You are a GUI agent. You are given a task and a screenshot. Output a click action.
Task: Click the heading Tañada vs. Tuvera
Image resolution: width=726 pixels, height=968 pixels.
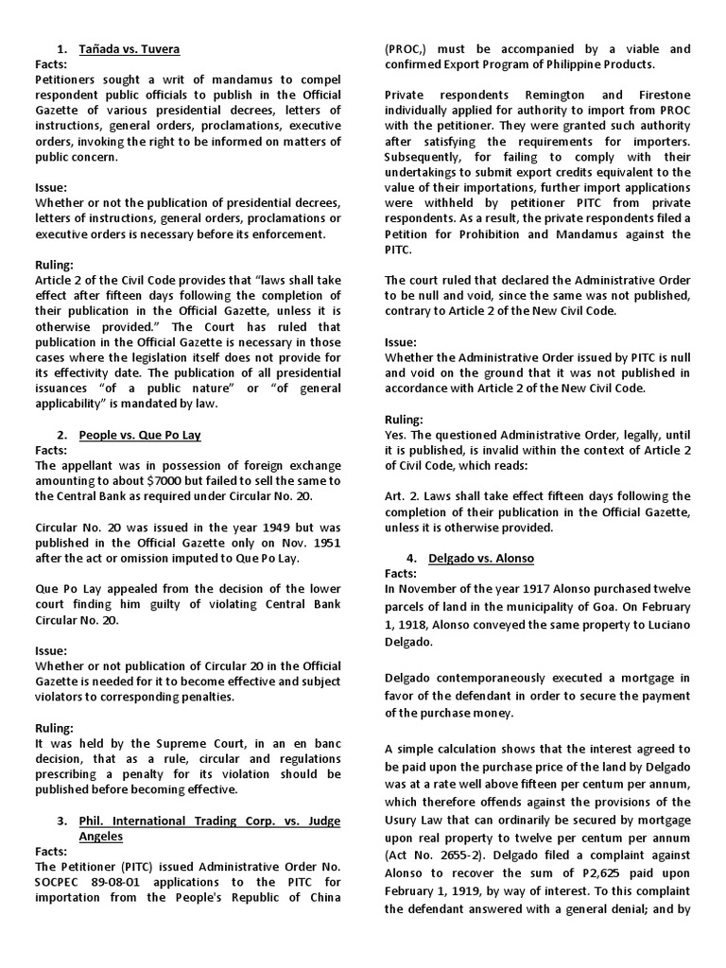130,48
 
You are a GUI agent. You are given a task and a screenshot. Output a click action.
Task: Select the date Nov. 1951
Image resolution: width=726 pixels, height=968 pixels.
301,543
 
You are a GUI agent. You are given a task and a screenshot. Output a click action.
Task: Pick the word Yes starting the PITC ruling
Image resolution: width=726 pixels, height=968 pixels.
396,435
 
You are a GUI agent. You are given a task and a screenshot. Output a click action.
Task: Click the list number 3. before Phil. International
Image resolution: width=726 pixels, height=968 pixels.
61,821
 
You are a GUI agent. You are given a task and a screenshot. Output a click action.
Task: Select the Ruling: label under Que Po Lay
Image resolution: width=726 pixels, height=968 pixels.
54,728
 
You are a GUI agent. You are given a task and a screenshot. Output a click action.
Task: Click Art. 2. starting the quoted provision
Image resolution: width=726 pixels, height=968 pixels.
404,496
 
